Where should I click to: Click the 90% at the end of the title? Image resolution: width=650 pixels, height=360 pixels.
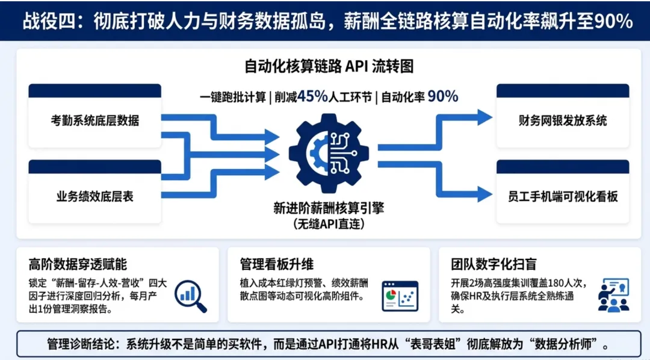613,22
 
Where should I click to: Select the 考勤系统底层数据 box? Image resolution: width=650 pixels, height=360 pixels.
95,120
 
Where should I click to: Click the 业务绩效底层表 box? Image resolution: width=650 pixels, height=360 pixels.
95,196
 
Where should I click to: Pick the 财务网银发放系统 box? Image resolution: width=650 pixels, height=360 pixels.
563,120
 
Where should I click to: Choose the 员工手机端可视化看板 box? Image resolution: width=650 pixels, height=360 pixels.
563,196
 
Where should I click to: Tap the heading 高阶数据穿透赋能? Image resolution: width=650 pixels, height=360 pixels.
78,264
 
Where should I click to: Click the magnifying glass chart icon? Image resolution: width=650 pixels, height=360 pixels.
191,296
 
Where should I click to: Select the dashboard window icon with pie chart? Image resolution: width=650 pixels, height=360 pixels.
400,296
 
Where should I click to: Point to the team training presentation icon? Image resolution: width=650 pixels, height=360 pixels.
613,295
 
